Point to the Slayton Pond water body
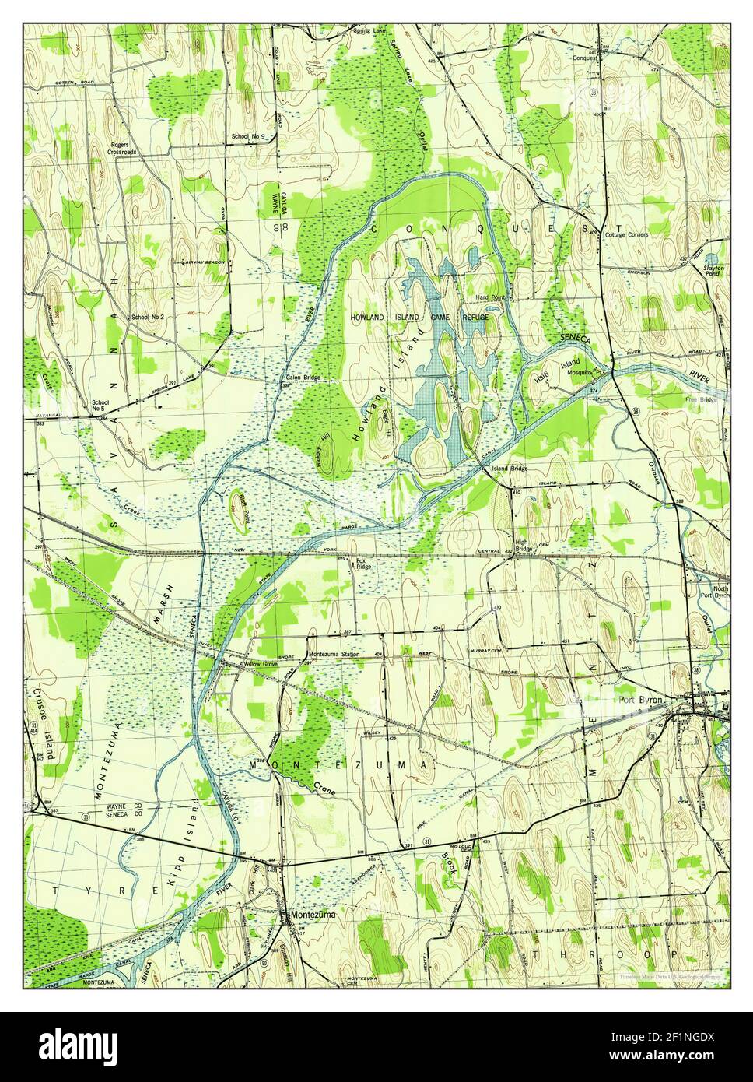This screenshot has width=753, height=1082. [712, 258]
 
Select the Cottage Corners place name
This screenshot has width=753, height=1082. [627, 234]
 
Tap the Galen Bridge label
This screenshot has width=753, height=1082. [302, 378]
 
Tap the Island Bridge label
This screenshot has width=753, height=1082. [509, 469]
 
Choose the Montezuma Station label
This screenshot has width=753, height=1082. [334, 655]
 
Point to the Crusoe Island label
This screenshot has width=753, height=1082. [47, 724]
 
